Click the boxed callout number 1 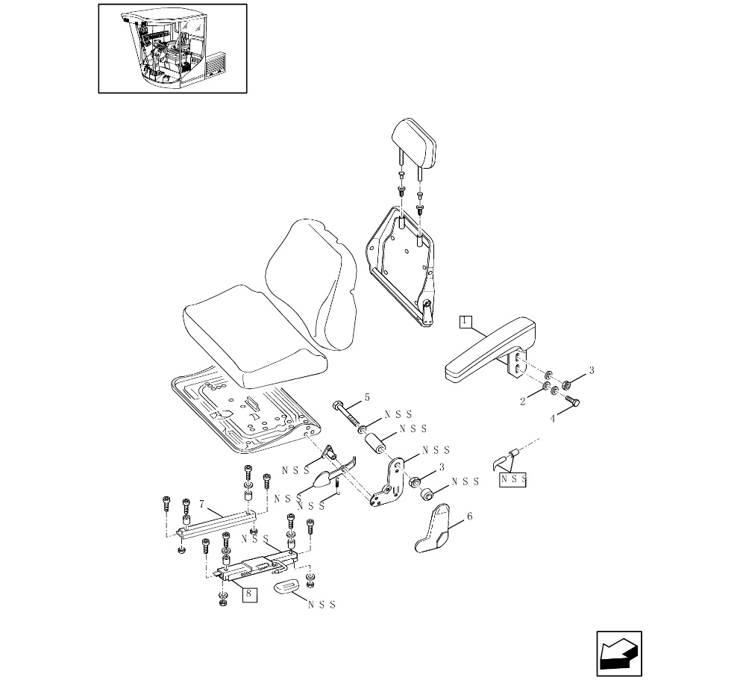465,322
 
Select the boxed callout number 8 249,593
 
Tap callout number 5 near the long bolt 367,398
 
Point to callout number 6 469,516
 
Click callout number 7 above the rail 202,504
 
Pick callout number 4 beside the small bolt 553,418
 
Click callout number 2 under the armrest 523,402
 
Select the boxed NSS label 512,479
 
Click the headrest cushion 414,143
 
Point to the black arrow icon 618,654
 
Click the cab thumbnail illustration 173,49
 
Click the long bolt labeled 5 348,414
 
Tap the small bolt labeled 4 572,400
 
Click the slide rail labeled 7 216,524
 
